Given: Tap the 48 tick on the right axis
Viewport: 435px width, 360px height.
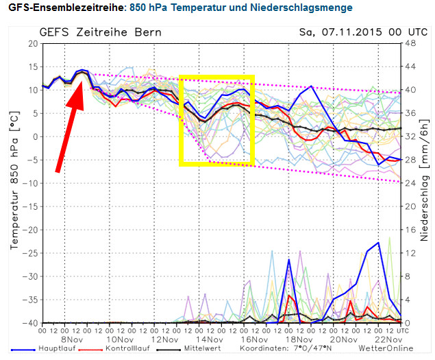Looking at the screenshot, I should pyautogui.click(x=412, y=44).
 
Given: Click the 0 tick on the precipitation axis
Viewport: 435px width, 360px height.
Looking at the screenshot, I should pyautogui.click(x=410, y=323).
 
